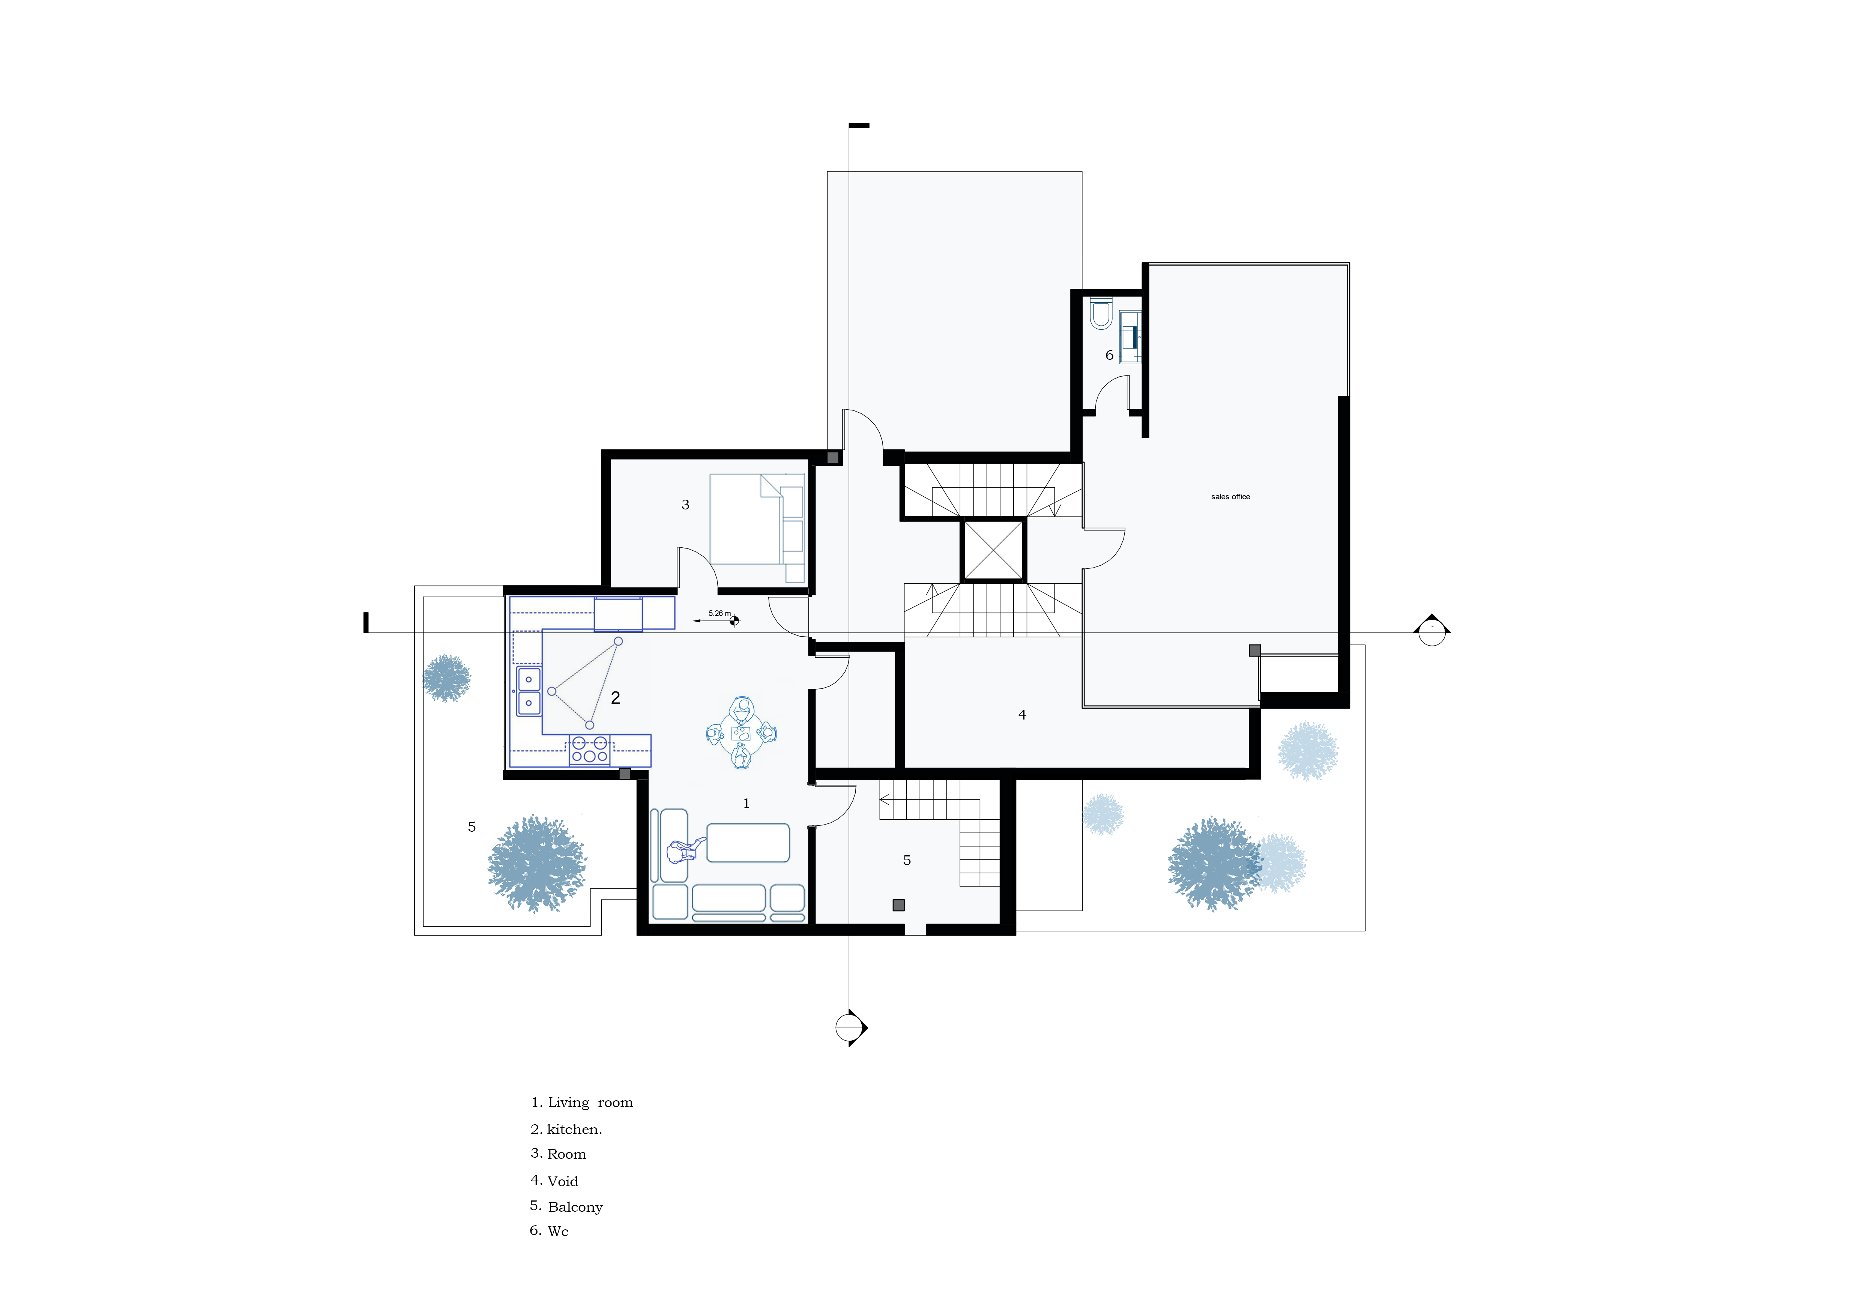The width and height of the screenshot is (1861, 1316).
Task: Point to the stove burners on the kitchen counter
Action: (x=589, y=750)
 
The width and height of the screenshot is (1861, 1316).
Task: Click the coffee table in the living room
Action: (x=747, y=843)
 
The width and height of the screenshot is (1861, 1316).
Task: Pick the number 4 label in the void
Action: (x=1022, y=715)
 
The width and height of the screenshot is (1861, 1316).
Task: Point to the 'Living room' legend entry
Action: (x=582, y=1103)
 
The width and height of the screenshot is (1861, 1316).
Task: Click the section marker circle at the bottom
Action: (x=849, y=1028)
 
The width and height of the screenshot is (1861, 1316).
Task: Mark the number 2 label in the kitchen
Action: (x=615, y=698)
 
